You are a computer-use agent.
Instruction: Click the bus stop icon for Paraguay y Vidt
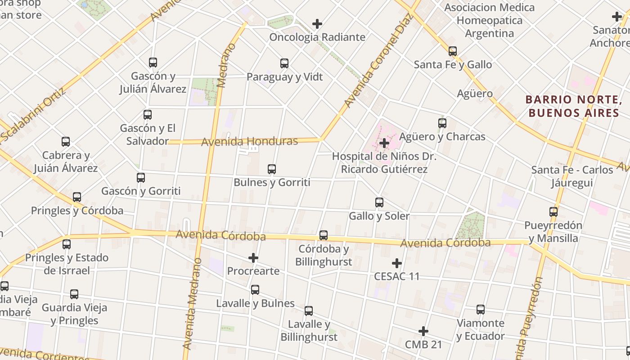[x=284, y=63]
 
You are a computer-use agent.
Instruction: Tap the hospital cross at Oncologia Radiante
[x=317, y=24]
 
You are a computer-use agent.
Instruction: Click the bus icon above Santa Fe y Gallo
[x=453, y=51]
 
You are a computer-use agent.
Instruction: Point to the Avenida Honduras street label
[x=249, y=142]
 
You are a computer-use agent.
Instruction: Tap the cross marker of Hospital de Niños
[x=384, y=144]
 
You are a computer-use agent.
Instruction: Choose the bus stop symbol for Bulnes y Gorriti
[x=272, y=169]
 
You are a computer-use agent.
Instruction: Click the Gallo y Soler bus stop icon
[x=379, y=202]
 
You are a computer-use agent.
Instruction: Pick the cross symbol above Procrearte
[x=253, y=258]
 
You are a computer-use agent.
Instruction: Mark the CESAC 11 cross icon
[x=396, y=263]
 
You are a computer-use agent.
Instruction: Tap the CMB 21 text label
[x=423, y=345]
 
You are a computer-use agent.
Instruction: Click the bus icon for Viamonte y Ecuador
[x=481, y=310]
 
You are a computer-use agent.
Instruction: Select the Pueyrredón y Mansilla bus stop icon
[x=553, y=211]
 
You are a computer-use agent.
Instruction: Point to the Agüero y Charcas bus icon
[x=442, y=123]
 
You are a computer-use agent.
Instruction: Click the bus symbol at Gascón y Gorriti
[x=141, y=178]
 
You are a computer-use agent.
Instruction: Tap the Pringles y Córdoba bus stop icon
[x=77, y=197]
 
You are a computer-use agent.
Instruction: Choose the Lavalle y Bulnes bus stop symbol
[x=255, y=290]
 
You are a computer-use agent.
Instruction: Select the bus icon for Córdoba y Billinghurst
[x=324, y=235]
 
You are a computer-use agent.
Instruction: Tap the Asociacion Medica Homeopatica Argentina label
[x=490, y=20]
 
